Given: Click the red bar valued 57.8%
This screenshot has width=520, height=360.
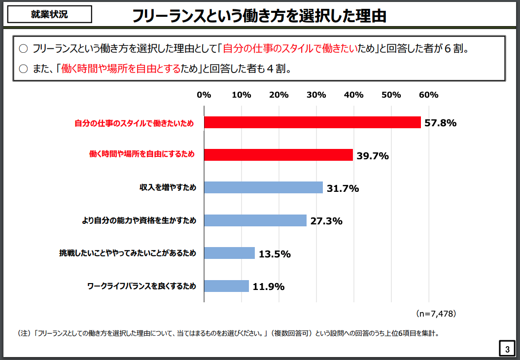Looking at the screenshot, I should coord(312,122).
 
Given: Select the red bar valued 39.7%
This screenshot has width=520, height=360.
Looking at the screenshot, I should coord(278,155).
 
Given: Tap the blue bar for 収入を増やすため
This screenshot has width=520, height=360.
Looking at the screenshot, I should coord(263,187).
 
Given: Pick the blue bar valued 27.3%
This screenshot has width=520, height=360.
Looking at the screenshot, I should coord(255,220).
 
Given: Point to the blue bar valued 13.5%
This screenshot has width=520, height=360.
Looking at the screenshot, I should coord(229,253).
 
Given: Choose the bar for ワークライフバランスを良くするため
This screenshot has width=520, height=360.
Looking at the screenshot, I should coord(226,286).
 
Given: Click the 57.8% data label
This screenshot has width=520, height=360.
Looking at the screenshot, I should coord(441,123).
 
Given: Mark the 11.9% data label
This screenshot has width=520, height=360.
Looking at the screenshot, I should coord(269,287).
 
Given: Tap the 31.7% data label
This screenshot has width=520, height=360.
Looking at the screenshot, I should coord(343,188).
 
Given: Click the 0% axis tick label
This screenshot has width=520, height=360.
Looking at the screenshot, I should coord(204,95).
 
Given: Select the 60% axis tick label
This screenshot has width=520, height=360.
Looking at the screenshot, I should coord(428,95).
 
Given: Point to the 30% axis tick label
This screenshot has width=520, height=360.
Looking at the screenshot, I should coord(316,95).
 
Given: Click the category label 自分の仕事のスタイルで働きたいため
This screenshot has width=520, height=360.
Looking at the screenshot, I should coord(134,123).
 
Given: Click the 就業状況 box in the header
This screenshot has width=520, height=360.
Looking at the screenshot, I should coord(49,14).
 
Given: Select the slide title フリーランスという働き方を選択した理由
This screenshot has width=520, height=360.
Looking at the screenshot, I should coord(259,16).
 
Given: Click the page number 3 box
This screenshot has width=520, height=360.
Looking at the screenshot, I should coord(507,349).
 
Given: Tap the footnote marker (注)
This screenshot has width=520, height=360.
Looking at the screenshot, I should coord(24,333).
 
